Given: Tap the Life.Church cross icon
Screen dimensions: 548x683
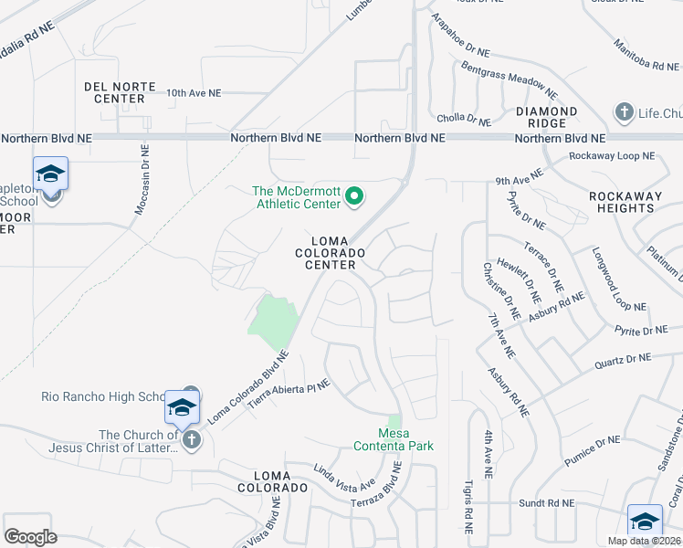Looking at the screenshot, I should click(625, 112).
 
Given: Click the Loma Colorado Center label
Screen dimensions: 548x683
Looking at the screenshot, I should click(330, 251).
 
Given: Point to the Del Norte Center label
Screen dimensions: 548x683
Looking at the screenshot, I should click(114, 91).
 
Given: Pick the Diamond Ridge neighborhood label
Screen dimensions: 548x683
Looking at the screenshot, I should click(546, 118).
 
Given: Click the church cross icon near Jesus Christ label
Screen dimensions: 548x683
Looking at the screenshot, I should click(191, 441).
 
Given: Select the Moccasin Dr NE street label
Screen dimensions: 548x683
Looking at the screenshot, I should click(142, 179).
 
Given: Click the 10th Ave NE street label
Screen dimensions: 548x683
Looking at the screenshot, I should click(194, 93).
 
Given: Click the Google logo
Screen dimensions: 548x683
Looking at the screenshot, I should click(30, 536).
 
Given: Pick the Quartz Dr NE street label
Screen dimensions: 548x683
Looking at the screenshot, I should click(619, 363).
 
